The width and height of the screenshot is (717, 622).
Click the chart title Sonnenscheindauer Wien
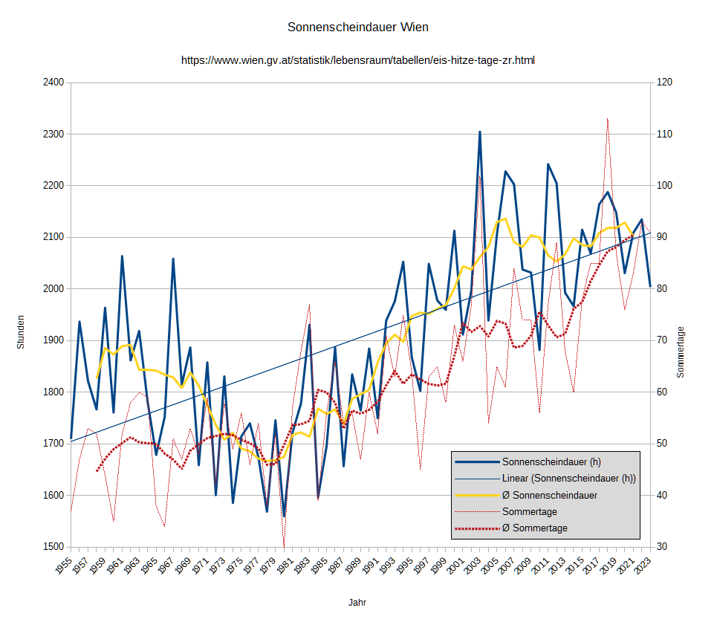357,27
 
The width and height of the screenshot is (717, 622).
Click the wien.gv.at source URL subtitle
357,60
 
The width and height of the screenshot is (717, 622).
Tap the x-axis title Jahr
357,603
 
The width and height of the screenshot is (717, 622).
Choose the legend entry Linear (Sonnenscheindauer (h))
569,478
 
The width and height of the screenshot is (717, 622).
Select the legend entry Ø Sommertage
534,528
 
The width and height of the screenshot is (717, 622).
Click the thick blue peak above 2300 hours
480,132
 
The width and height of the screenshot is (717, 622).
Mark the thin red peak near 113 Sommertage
607,118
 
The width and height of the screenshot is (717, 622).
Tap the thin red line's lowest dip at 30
284,546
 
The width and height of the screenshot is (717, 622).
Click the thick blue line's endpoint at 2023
650,286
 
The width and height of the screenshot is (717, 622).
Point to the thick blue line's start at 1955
71,438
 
